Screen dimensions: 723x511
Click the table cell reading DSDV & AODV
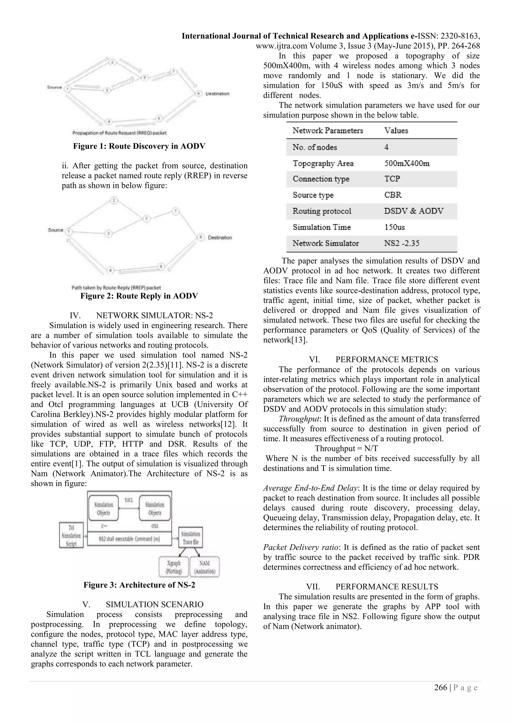(x=413, y=211)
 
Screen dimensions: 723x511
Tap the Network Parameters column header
(x=328, y=130)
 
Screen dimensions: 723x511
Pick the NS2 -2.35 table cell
(x=401, y=243)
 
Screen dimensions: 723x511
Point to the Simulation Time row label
(x=322, y=227)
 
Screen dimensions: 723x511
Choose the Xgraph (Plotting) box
(x=174, y=567)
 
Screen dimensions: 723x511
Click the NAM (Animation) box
(x=205, y=567)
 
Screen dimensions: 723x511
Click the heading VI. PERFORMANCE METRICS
(x=374, y=359)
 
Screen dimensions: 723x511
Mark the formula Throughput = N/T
(x=346, y=448)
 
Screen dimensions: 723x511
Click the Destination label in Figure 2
(x=220, y=238)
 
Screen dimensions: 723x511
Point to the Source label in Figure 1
(x=54, y=87)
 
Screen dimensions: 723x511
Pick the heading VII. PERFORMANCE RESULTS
(x=372, y=587)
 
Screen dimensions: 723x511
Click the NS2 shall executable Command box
(x=129, y=539)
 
